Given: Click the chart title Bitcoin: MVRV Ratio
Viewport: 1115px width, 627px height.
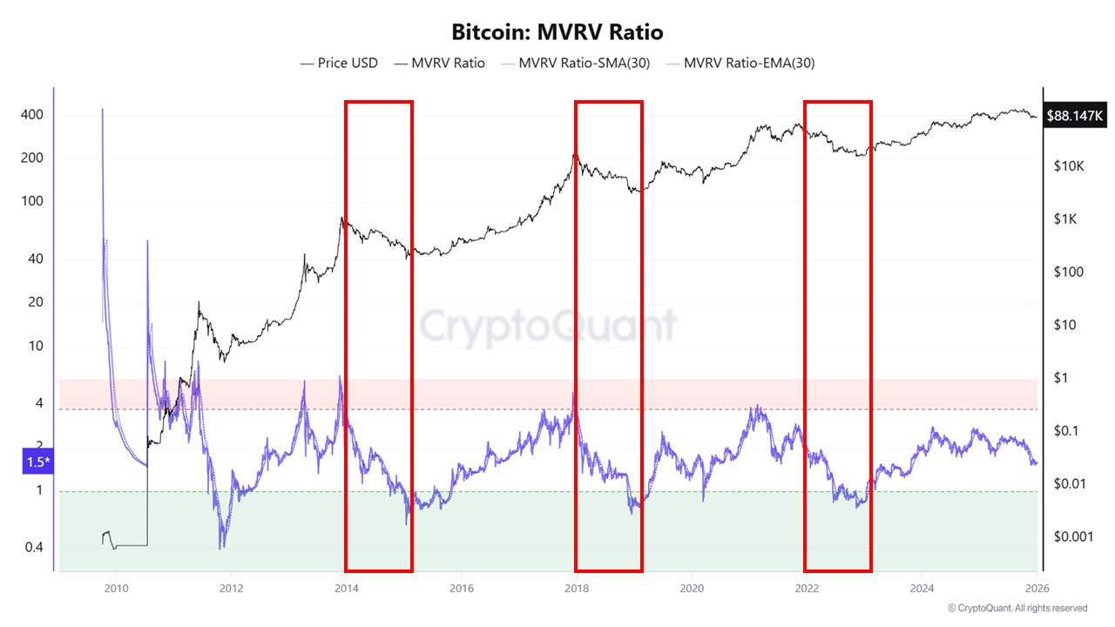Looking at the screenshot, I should (x=557, y=32).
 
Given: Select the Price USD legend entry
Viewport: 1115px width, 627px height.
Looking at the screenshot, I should (x=339, y=63).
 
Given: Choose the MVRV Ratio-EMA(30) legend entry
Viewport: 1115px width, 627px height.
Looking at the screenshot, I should (x=740, y=63).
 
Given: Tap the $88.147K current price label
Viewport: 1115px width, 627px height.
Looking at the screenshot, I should (x=1077, y=114).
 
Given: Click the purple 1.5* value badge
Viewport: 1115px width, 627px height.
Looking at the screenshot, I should (x=37, y=462).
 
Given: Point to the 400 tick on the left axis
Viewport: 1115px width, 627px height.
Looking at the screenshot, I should (x=32, y=115).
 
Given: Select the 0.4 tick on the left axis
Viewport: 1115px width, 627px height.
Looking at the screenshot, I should (x=32, y=548).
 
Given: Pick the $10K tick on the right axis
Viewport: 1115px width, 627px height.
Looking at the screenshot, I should (x=1067, y=165).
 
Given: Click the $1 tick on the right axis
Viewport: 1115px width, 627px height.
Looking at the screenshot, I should (x=1060, y=377).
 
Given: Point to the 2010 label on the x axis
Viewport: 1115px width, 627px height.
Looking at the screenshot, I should (x=116, y=588).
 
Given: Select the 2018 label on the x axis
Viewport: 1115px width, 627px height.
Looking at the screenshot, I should (x=576, y=588).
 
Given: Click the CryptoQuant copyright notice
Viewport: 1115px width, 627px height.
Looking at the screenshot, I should (x=1017, y=608).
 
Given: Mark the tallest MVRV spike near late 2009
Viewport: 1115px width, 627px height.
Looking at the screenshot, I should (x=103, y=111).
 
